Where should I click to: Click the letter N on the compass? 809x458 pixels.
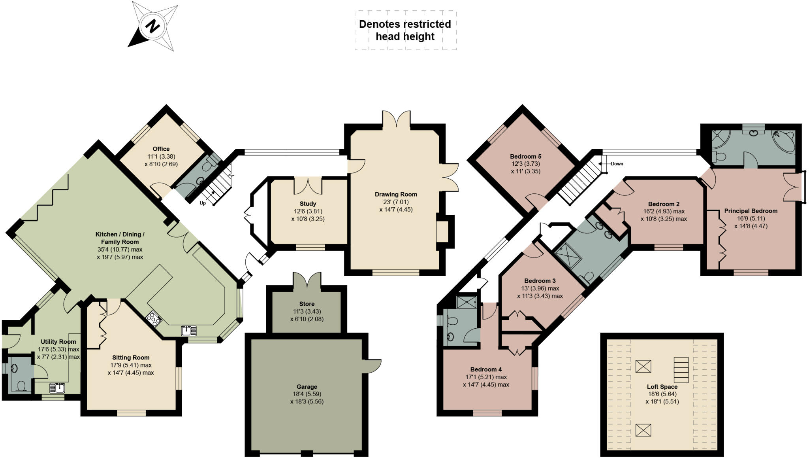point(152,26)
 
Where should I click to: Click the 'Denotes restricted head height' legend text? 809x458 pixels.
point(405,30)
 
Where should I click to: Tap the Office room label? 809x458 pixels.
point(161,149)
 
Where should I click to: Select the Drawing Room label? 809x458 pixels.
point(396,194)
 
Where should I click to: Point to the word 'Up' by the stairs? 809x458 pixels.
point(203,203)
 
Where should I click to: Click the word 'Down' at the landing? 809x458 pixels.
point(617,164)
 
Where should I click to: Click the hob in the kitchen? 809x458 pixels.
point(153,318)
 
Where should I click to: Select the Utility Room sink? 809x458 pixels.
point(57,388)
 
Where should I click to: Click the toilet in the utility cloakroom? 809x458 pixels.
point(22,385)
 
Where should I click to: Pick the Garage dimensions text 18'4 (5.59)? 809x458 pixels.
point(307,394)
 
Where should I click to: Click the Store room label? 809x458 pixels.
point(307,304)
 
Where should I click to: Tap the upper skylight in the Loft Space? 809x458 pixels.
point(643,366)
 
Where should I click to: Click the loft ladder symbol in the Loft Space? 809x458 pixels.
point(681,369)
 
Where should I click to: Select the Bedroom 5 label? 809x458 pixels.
point(525,156)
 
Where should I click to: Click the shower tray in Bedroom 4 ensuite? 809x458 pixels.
point(467,302)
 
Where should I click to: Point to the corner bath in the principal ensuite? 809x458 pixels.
point(783,141)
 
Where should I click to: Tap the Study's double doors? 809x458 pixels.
point(308,186)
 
